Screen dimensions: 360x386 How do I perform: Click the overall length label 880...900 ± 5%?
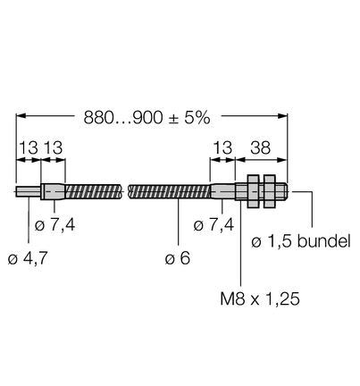[x=147, y=118]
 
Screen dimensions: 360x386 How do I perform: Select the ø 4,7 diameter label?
[x=28, y=258]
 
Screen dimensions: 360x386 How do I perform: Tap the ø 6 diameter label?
[x=178, y=258]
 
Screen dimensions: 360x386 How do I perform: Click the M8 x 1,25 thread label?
[x=260, y=298]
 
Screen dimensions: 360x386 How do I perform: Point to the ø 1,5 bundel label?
[x=301, y=241]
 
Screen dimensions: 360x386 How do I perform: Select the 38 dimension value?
[x=260, y=147]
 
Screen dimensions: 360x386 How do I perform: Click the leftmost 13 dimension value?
[x=29, y=147]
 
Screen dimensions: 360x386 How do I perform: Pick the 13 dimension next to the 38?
[x=222, y=147]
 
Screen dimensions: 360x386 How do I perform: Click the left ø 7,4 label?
[x=55, y=225]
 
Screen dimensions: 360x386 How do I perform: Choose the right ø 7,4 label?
[x=213, y=225]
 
